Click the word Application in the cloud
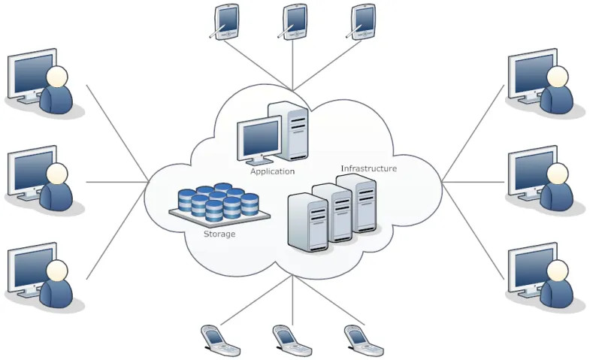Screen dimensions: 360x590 [x=272, y=171]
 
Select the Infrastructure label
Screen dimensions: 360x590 [x=368, y=168]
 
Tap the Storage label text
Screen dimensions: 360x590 [x=219, y=234]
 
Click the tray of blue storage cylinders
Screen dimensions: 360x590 [x=218, y=203]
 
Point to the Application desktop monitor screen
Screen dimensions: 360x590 [x=259, y=138]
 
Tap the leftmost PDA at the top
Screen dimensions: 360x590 [x=225, y=20]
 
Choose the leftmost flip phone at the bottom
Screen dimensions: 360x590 [x=219, y=340]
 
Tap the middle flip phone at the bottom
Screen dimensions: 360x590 [x=291, y=340]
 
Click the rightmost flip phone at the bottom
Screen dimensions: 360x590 [x=362, y=340]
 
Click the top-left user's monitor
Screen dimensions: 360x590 [x=31, y=73]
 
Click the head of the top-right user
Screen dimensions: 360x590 [x=557, y=76]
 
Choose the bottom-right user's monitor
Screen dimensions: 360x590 [x=531, y=266]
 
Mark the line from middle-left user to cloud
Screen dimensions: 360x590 [x=116, y=182]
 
